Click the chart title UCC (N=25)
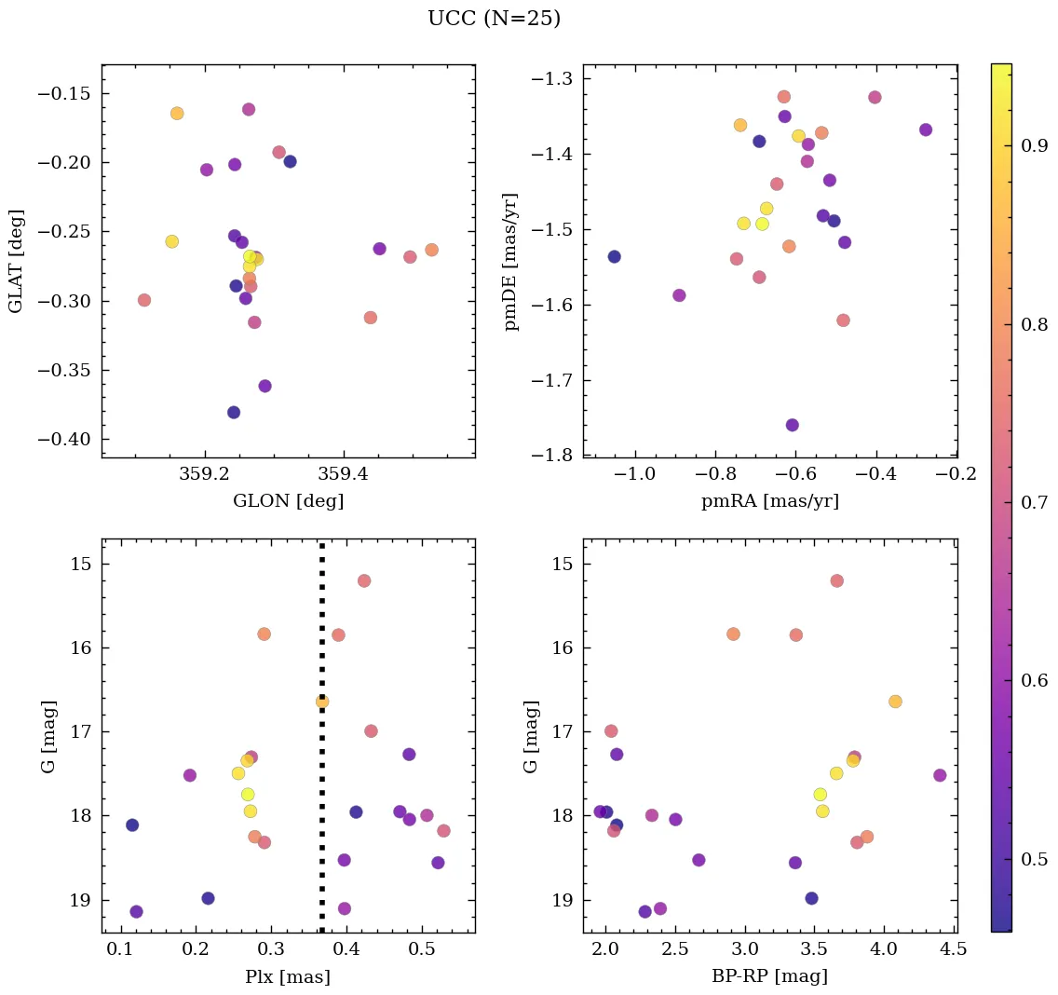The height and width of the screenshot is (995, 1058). pos(494,19)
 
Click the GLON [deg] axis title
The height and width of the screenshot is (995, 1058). pos(288,501)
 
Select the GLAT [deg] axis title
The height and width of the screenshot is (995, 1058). pos(16,261)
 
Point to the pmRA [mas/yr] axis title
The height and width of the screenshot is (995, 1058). pos(769,501)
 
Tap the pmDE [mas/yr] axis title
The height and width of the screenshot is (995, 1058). pos(510,262)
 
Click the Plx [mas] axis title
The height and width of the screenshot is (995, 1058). pos(288,977)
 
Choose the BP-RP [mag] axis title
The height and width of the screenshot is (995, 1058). pos(769,977)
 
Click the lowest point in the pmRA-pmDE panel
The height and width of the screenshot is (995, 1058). pos(792,425)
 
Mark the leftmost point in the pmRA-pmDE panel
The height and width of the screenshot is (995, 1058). pos(614,256)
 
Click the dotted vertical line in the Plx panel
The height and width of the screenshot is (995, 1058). pos(322,792)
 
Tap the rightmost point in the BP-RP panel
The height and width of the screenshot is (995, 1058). pos(940,775)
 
